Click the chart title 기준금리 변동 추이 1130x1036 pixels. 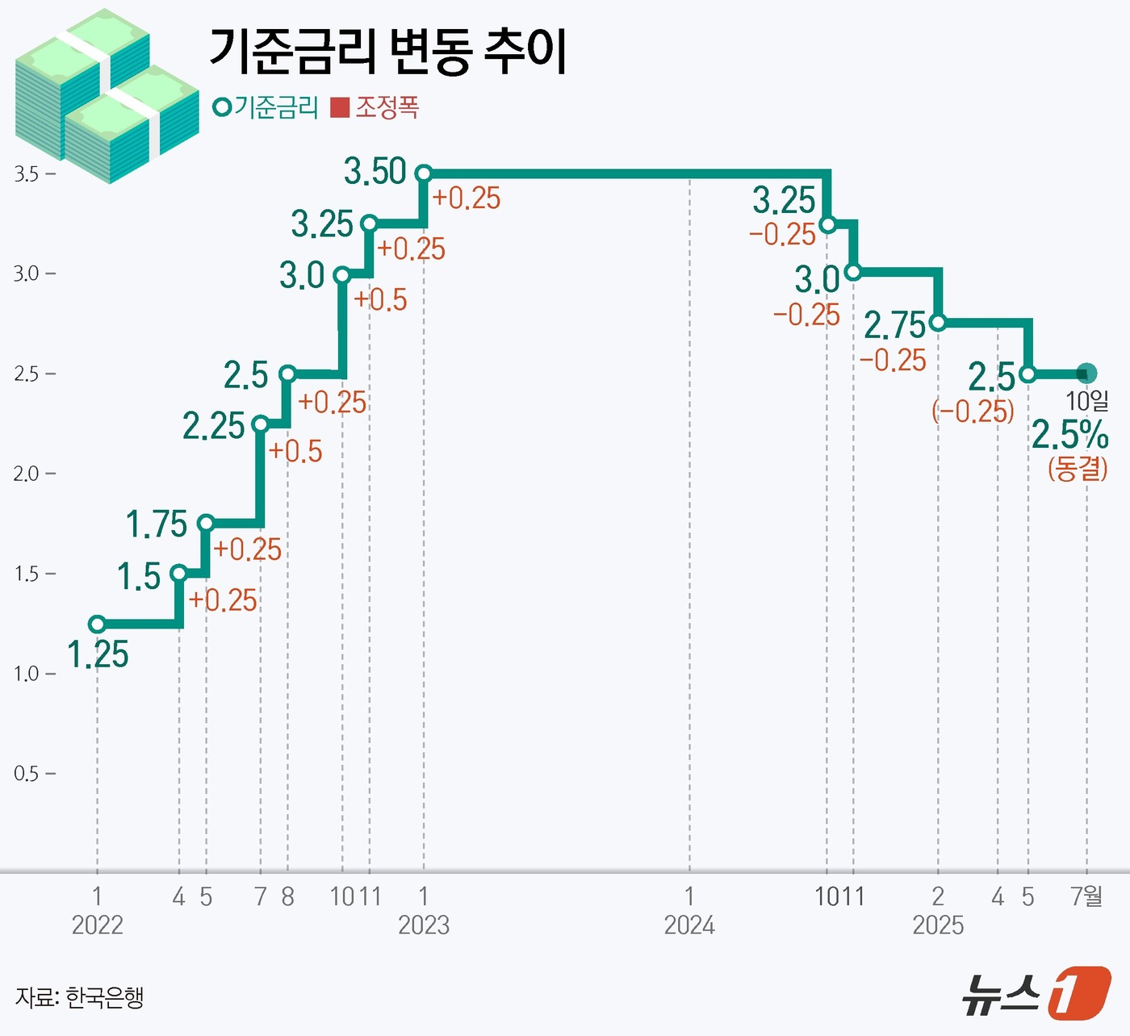tap(387, 51)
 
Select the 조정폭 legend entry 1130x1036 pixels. tap(375, 107)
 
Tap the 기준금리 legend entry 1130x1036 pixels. tap(266, 107)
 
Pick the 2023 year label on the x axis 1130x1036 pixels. tap(424, 925)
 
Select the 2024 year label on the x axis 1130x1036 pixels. tap(689, 925)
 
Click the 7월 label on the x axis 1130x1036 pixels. tap(1086, 896)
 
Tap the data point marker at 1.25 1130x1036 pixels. tap(97, 624)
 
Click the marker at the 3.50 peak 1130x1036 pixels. tap(424, 173)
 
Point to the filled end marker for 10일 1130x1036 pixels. tap(1086, 374)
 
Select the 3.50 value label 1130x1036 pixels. tap(375, 172)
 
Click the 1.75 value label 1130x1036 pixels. tap(157, 524)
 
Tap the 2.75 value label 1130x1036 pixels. tap(894, 326)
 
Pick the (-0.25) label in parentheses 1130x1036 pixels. tap(973, 411)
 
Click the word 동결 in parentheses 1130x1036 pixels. tap(1078, 468)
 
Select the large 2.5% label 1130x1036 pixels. tap(1070, 436)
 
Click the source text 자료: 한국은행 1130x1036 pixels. tap(79, 997)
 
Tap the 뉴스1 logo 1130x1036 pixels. tap(1036, 993)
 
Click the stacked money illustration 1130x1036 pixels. tap(105, 97)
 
